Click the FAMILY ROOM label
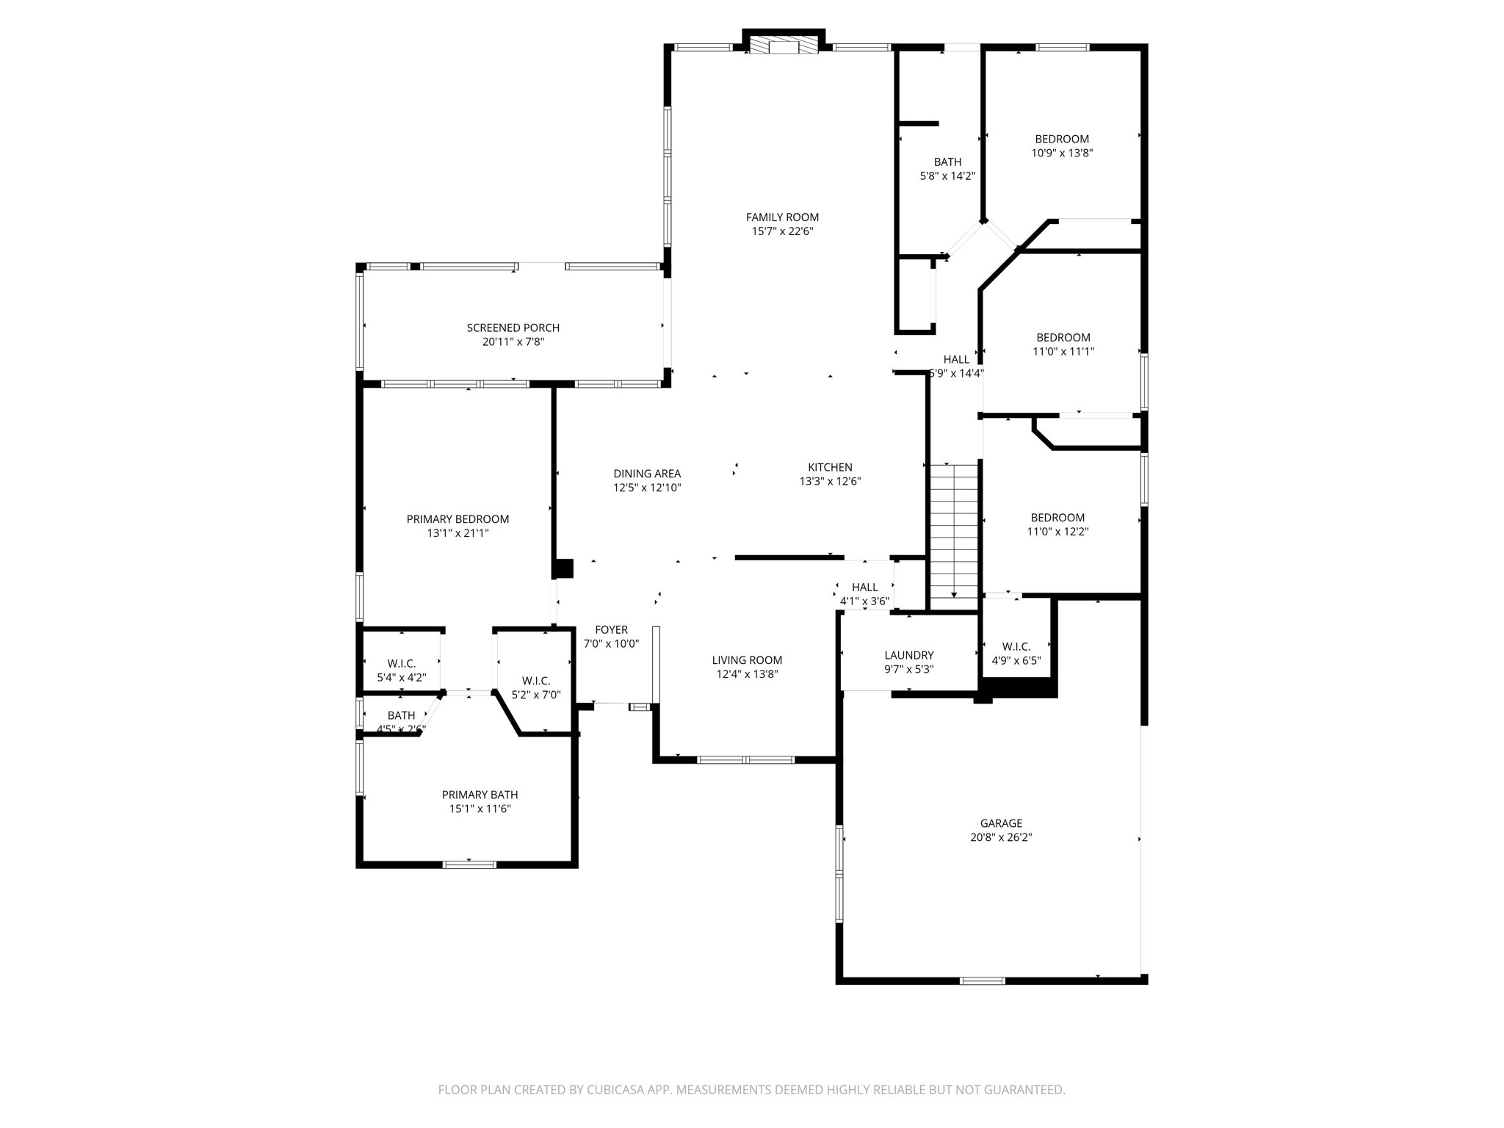782,217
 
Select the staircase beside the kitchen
954,530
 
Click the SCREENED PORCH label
513,328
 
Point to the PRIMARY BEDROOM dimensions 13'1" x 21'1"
458,534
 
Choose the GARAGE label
1000,823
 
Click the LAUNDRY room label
908,655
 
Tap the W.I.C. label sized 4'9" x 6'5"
1016,646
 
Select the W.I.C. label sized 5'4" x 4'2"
401,663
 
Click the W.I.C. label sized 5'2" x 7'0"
536,681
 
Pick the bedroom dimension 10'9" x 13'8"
1062,153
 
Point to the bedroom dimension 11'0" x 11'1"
1063,352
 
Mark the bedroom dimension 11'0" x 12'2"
1057,532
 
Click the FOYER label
611,629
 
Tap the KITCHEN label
830,467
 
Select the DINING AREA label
647,474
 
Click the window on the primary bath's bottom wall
469,864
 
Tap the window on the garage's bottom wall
982,980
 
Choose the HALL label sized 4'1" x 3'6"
864,587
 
